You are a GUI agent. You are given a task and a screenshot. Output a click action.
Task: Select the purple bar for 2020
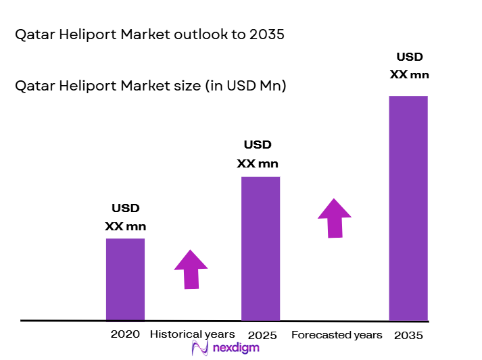pos(125,279)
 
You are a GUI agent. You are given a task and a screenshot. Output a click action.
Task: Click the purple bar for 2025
pos(260,248)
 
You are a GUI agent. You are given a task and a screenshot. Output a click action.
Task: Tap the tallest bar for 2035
pos(408,207)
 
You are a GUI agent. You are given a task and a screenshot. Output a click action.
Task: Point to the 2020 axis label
pos(125,334)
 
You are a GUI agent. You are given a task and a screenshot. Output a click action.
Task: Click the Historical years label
pos(192,334)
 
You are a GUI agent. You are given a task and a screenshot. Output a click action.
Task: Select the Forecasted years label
pos(336,335)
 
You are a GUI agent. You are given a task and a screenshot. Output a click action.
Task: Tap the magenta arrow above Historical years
pos(191,269)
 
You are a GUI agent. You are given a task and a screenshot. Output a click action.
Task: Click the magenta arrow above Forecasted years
pos(335,217)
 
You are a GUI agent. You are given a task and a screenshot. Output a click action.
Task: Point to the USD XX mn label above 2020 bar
pos(125,217)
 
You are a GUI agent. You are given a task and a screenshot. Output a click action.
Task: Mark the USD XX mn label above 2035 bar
pos(409,66)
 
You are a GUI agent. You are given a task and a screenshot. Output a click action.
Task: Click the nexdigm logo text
pos(235,348)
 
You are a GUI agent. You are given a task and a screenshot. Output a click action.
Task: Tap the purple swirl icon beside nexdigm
pos(200,348)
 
